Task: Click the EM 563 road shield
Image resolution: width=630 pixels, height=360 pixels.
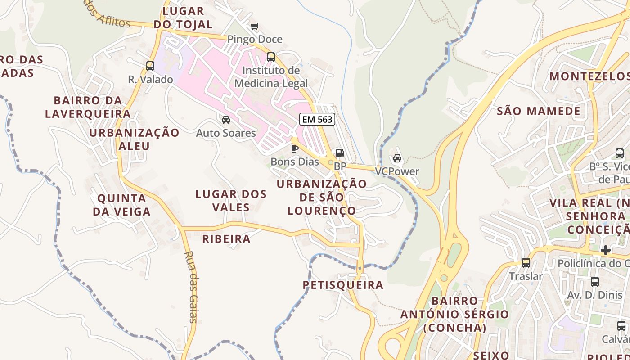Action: [317, 119]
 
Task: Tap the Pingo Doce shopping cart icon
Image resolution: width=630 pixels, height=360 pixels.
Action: [255, 27]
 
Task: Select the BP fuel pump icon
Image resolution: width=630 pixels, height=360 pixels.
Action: [340, 153]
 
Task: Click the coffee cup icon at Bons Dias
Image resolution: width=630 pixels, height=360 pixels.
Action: [295, 148]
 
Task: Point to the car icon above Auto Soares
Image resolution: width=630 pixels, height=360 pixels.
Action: [226, 120]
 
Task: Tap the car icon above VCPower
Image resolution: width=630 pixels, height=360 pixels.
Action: [397, 158]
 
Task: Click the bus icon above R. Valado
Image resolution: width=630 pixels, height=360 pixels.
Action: [150, 66]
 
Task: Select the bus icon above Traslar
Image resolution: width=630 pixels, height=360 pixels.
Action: [526, 262]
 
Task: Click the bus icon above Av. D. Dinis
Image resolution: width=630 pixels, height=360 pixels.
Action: [595, 282]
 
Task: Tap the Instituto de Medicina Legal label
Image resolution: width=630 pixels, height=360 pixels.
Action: [271, 77]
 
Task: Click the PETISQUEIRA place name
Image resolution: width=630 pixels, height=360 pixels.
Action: [343, 285]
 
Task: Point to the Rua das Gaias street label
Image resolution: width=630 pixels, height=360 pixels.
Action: [191, 287]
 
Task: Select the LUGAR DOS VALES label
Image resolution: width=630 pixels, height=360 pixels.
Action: [231, 201]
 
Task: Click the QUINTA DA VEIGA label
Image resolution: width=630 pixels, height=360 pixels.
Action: [121, 205]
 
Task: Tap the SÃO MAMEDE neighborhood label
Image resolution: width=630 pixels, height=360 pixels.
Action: [538, 111]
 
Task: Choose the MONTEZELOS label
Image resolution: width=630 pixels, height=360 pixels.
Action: [589, 76]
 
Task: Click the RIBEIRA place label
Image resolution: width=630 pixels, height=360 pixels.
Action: [226, 239]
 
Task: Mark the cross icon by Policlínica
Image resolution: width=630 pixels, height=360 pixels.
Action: [606, 250]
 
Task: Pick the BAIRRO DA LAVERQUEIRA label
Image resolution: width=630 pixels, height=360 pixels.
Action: [88, 107]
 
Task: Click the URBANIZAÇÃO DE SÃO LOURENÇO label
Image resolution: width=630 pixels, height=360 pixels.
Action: [321, 197]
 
